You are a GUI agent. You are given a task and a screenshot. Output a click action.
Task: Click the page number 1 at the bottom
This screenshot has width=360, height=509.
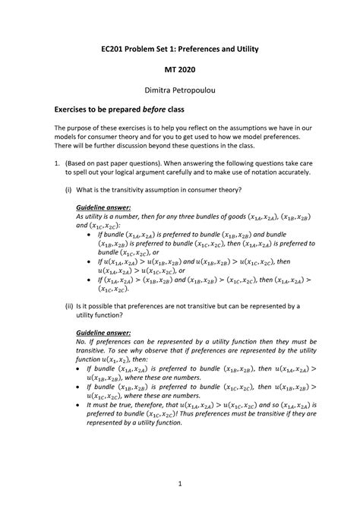[x=180, y=483]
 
